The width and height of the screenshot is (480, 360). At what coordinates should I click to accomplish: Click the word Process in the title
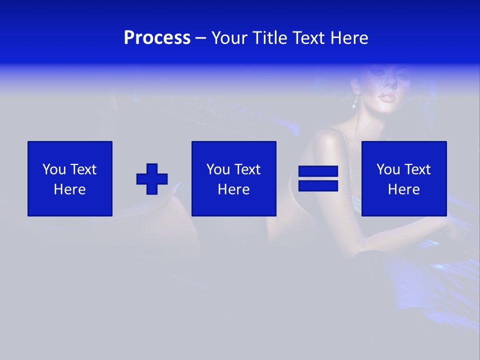click(x=157, y=38)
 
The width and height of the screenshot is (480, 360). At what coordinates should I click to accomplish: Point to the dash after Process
click(x=201, y=38)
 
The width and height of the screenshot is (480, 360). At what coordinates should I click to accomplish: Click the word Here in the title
click(x=349, y=38)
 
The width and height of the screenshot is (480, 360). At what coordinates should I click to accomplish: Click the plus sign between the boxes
click(x=152, y=178)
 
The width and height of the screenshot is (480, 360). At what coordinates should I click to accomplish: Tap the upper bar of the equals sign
click(x=318, y=171)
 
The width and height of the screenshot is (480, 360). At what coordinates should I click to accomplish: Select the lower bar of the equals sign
click(x=318, y=185)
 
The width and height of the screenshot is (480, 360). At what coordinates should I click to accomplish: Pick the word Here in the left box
click(x=69, y=189)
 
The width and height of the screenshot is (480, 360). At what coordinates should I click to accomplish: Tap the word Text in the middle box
click(x=247, y=169)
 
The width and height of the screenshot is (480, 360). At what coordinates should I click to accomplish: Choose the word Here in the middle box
click(x=233, y=189)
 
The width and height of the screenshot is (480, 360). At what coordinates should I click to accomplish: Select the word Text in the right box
click(x=417, y=169)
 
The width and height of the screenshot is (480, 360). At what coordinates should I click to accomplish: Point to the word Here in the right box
click(x=403, y=189)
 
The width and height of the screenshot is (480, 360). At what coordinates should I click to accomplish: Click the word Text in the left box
click(x=83, y=169)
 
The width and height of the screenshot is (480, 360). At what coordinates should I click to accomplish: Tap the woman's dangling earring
click(x=355, y=103)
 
